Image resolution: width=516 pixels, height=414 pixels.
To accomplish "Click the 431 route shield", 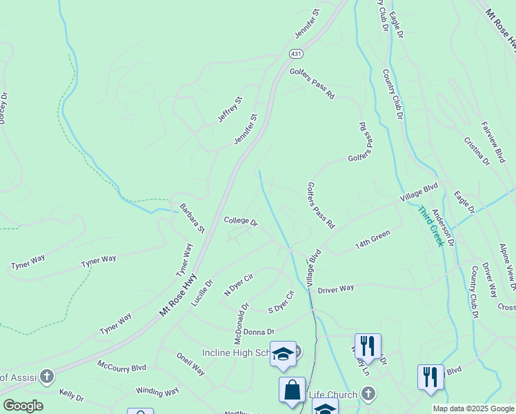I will click(296, 54).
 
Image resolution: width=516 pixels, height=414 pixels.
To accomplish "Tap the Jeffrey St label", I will click(230, 110).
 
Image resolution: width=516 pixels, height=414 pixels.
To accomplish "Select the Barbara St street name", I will click(192, 217).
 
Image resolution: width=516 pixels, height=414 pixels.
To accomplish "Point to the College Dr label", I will click(241, 222).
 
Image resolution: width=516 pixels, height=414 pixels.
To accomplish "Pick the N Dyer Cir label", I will click(239, 285).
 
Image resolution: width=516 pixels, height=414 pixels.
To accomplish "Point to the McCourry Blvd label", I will click(122, 365).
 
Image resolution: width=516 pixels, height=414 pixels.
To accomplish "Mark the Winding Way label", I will click(157, 391).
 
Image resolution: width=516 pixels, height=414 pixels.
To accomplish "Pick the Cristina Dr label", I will click(476, 150).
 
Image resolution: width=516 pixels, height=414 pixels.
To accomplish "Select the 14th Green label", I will click(373, 239).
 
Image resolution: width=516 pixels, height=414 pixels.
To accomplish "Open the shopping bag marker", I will click(292, 389).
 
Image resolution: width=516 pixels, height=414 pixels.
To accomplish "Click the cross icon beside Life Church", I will click(368, 395).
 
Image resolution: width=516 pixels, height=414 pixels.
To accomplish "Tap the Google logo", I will click(23, 406).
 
